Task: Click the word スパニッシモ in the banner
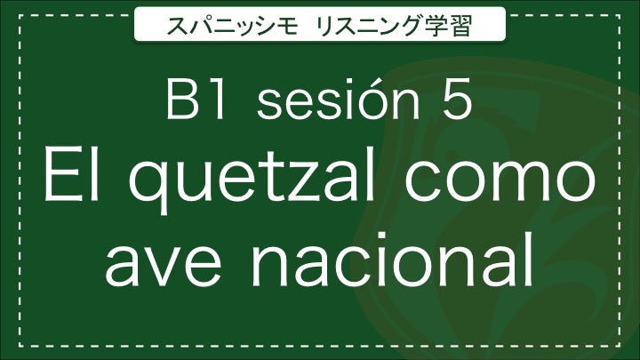[232, 26]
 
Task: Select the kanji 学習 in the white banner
[447, 26]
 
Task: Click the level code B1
[196, 100]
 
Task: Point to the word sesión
[338, 99]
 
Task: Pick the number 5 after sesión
[458, 100]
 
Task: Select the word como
[500, 181]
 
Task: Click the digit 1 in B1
[217, 100]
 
